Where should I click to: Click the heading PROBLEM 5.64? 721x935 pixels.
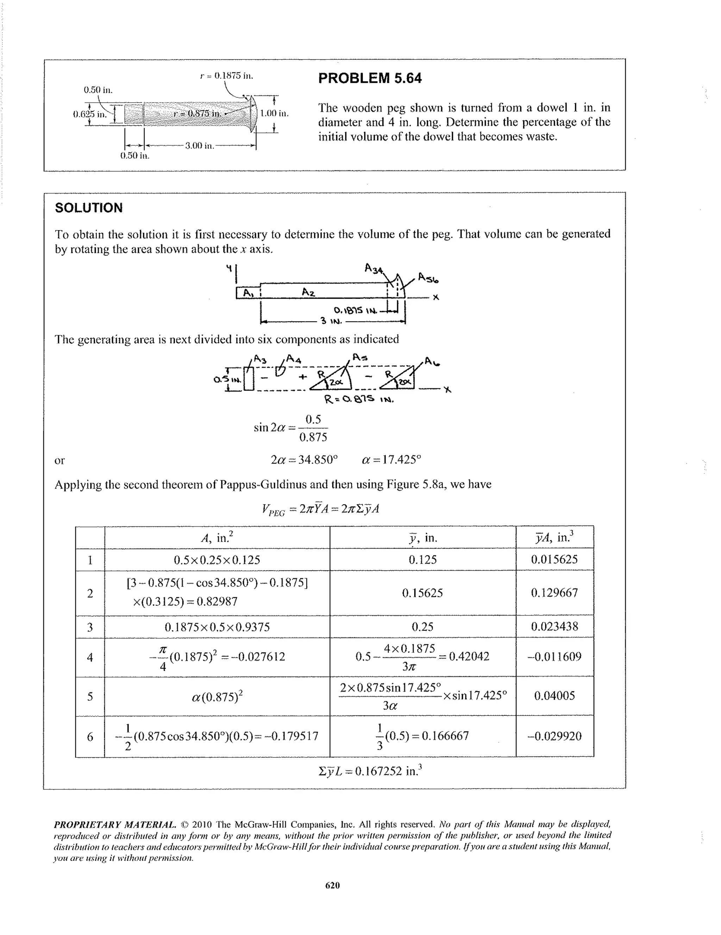coord(370,78)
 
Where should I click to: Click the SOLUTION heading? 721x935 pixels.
coord(89,208)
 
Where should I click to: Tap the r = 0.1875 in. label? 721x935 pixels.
coord(227,76)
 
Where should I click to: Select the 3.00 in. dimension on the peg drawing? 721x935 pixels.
coord(199,146)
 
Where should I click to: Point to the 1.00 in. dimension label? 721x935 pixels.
coord(275,114)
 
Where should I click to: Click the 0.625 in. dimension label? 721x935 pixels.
coord(89,114)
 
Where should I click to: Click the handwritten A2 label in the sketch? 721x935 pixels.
coord(308,292)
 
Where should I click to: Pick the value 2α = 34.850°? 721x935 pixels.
coord(304,460)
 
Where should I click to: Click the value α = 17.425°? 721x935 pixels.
coord(391,460)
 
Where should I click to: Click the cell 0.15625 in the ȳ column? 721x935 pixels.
coord(422,593)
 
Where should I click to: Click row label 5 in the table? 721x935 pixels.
coord(90,696)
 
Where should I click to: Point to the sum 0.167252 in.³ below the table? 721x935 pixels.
coord(371,771)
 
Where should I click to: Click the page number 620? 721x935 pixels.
coord(332,885)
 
